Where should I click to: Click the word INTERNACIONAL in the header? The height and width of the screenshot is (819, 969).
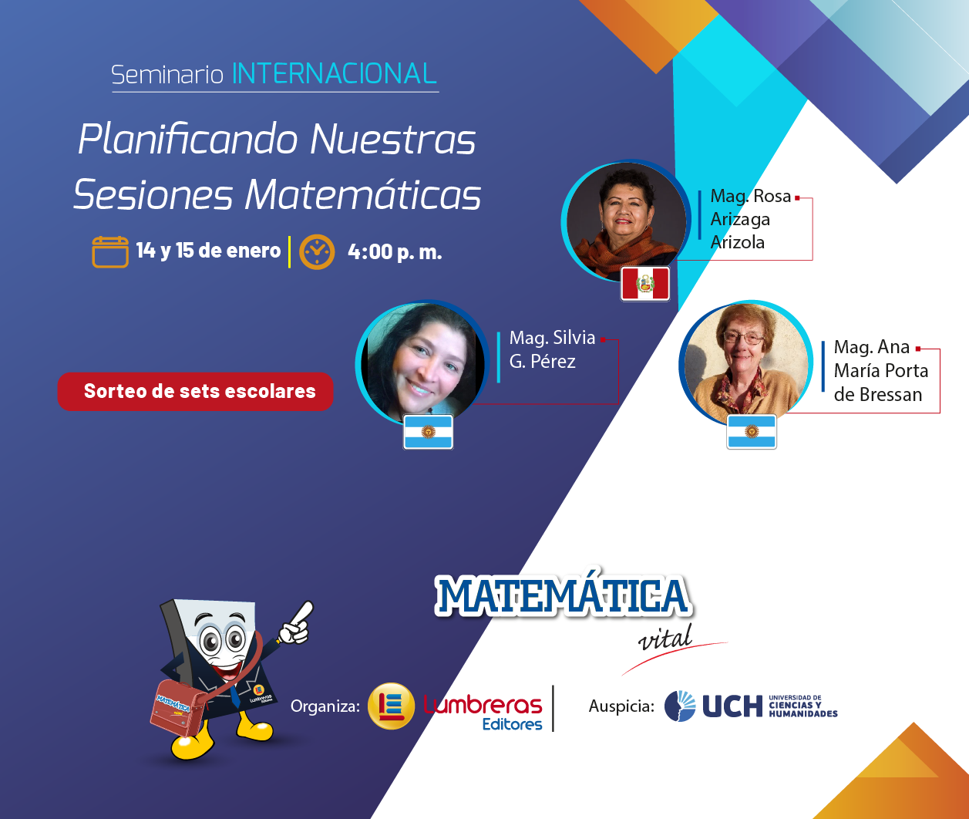pos(334,73)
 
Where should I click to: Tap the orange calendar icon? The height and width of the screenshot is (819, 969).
pos(110,251)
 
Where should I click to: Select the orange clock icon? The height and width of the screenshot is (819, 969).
pos(317,252)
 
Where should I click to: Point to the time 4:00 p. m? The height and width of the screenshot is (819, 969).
pos(395,252)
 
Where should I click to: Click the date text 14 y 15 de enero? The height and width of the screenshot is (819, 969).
pos(208,251)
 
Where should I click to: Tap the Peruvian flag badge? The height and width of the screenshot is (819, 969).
pos(645,284)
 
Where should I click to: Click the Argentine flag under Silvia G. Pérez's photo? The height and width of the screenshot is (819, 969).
pos(428,432)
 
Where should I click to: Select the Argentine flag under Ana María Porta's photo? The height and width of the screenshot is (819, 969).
pos(752,432)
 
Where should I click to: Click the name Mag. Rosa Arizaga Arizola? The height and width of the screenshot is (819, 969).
pos(750,219)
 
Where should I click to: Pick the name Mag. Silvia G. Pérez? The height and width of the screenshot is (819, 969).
pos(552,349)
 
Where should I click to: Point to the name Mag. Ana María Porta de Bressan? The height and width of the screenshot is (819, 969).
pos(880,370)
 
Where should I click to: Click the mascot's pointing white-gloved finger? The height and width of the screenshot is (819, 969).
pos(303,612)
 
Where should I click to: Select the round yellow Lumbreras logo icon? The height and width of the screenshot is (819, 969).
pos(391,706)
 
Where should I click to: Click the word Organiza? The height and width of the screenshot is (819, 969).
pos(325,706)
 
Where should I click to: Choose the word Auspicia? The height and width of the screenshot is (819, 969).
pos(621,706)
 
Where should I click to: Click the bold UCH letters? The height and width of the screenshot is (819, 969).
pos(732,706)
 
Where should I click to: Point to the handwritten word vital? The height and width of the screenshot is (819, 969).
pos(665,638)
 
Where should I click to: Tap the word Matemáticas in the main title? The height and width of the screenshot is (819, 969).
pos(363,194)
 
